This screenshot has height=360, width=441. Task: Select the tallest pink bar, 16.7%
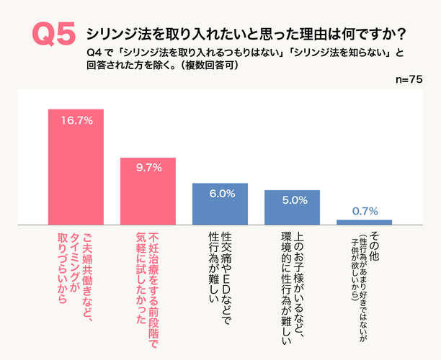[76, 166]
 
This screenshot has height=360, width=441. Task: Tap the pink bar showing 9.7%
[148, 191]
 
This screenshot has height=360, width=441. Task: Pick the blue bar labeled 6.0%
[220, 204]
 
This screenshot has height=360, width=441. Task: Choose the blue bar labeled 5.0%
[292, 207]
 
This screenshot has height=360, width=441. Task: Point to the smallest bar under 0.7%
[364, 222]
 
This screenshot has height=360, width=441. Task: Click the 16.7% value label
[76, 120]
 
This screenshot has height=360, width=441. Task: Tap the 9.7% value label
[148, 167]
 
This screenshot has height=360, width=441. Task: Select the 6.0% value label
[220, 193]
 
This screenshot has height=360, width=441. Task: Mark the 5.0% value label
[292, 199]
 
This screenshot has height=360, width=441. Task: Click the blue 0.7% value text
[365, 210]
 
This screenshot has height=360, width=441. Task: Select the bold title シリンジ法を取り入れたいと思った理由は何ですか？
[245, 34]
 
